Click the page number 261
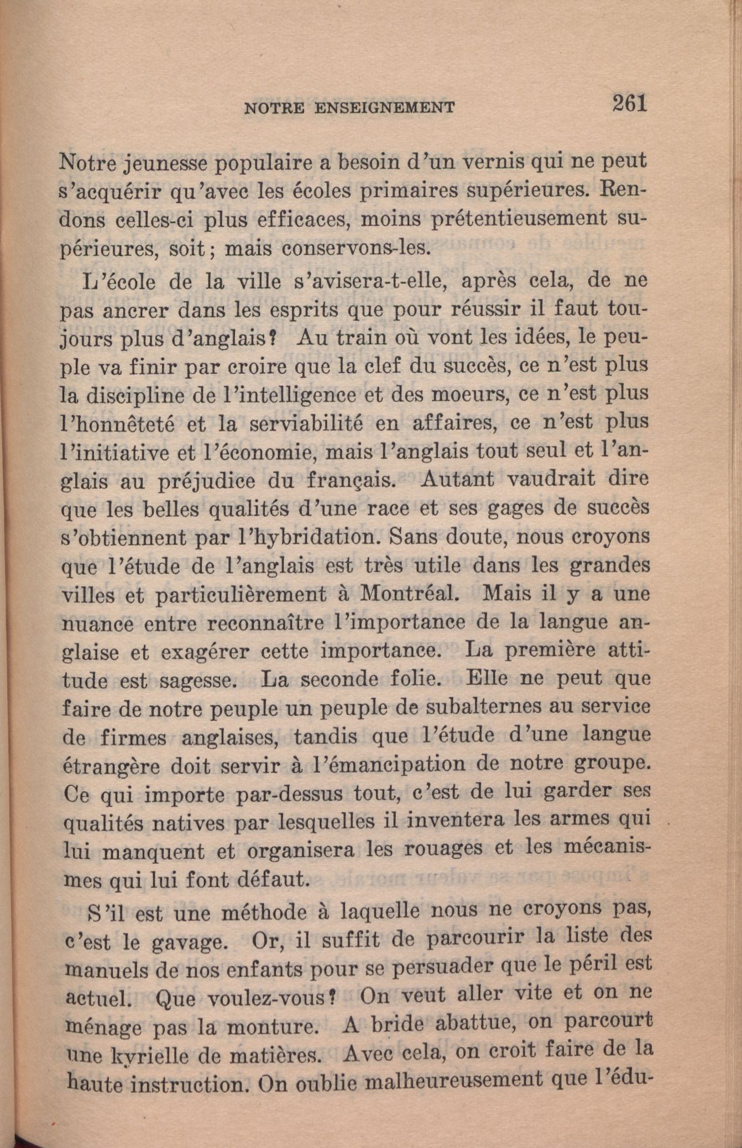coord(629,103)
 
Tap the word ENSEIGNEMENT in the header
coord(384,107)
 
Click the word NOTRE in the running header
coord(274,108)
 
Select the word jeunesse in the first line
coord(168,163)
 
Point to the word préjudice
coord(207,481)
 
